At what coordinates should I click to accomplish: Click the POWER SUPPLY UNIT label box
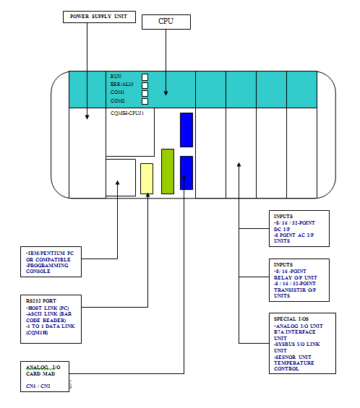point(98,16)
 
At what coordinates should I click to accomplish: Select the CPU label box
point(166,22)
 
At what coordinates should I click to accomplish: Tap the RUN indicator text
point(116,76)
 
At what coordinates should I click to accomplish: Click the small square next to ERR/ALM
point(145,84)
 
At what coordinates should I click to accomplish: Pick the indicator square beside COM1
point(145,92)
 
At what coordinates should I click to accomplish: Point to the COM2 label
point(118,100)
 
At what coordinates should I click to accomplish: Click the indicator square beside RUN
point(145,77)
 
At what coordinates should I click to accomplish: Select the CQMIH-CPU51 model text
point(128,113)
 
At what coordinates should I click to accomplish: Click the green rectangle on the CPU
point(168,171)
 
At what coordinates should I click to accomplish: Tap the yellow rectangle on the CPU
point(147,178)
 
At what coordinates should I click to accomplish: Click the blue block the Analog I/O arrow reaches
point(187,173)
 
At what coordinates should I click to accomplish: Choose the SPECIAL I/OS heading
point(292,318)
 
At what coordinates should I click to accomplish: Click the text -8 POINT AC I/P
point(294,236)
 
